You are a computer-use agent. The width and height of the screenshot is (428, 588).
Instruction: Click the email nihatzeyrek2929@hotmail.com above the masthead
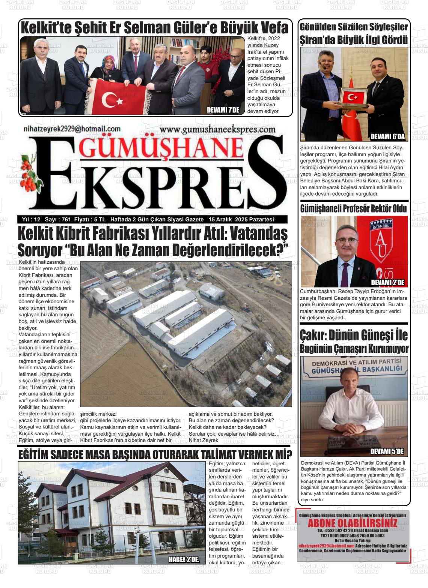click(72, 129)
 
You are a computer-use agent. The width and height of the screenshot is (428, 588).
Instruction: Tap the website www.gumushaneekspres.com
click(217, 130)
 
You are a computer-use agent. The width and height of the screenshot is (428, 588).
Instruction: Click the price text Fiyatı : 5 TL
click(90, 220)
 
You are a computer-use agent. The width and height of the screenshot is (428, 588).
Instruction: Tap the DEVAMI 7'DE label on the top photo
click(223, 110)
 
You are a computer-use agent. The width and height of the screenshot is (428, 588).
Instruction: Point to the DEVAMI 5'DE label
click(387, 451)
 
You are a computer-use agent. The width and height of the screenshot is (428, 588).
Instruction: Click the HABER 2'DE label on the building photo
click(184, 559)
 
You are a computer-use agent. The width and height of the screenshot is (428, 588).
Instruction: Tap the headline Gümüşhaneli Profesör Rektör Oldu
click(353, 209)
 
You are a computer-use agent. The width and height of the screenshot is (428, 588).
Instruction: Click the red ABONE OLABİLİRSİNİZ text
click(353, 523)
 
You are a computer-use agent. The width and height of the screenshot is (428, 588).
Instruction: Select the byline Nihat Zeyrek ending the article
click(203, 440)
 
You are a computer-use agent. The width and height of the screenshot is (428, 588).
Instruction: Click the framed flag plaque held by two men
click(353, 98)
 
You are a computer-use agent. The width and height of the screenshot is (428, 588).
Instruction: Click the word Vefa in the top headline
click(272, 28)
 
